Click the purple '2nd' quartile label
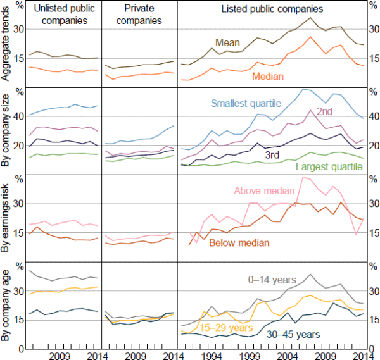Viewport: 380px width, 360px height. pos(325,111)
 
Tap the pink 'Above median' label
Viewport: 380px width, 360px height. pos(264,190)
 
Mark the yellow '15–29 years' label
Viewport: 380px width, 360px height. pos(222,328)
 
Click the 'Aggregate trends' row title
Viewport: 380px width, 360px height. pos(7,48)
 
